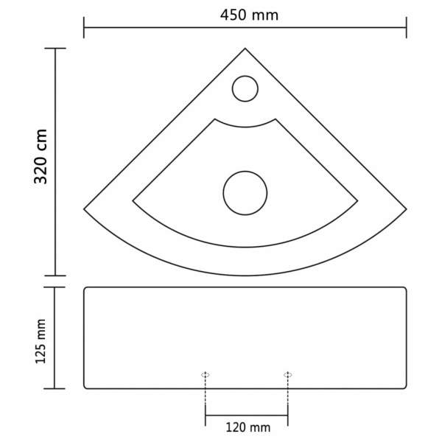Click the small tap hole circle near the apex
tap(245, 89)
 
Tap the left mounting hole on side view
tap(206, 375)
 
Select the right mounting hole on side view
tap(287, 375)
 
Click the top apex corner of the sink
tap(245, 49)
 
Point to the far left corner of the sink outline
tap(84, 207)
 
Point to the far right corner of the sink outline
tap(407, 207)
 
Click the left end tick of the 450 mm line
tap(84, 29)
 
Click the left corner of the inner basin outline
tap(133, 199)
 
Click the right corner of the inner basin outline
tap(358, 199)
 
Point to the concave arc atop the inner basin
tap(245, 125)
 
